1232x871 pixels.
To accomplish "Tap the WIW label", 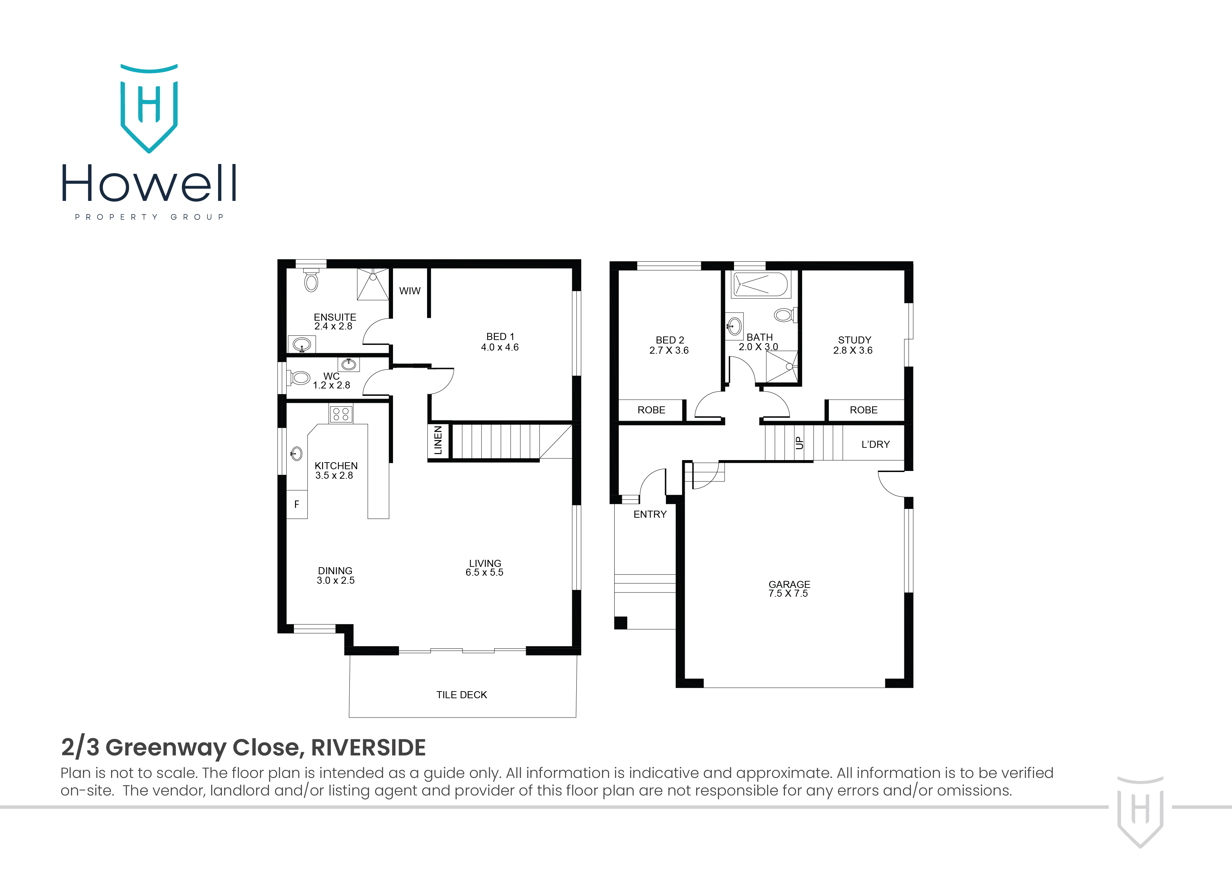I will click(409, 291).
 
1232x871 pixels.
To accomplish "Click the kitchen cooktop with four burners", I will click(341, 414).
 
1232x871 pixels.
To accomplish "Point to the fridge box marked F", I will click(297, 504).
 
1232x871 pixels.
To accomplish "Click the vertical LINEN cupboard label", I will click(438, 440).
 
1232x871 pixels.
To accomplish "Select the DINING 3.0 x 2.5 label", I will click(335, 575).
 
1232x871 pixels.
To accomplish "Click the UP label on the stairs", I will click(800, 443).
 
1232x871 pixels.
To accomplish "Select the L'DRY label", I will click(875, 444).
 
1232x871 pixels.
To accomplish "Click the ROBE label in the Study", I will click(863, 410).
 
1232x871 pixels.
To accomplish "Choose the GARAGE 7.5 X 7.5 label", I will click(789, 589).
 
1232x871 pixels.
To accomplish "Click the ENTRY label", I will click(650, 514).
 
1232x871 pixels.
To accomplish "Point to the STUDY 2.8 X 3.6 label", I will click(854, 345).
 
